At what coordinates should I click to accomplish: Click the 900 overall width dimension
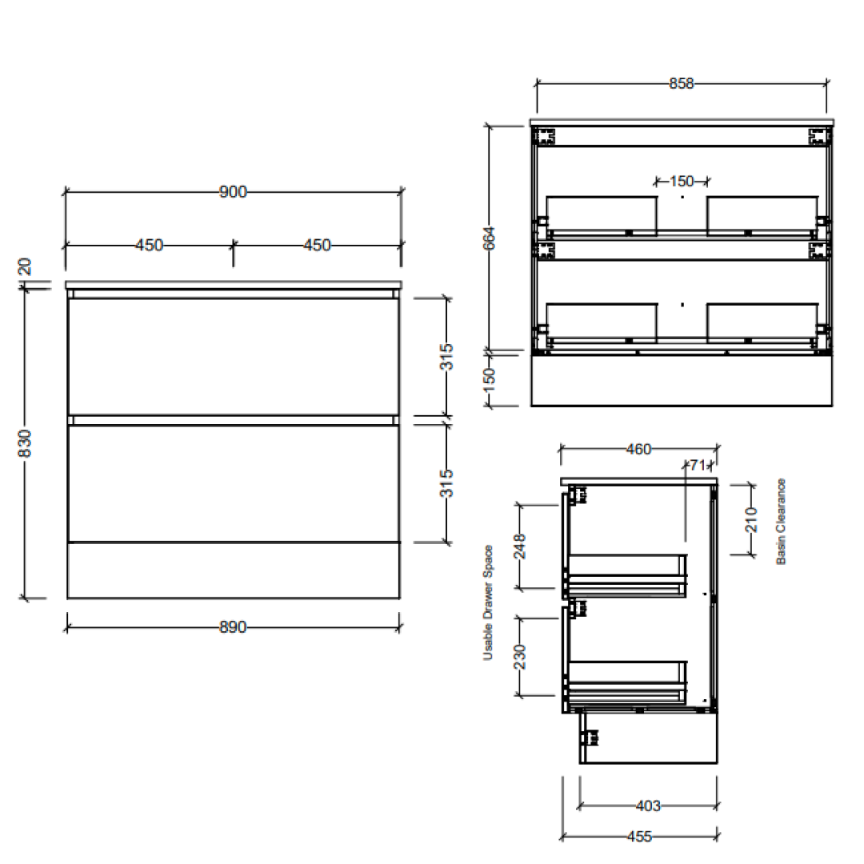233,192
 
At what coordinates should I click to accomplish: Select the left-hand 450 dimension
149,245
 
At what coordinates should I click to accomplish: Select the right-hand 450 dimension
317,245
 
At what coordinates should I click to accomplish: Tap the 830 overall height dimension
25,444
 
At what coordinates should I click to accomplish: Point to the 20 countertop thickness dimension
23,266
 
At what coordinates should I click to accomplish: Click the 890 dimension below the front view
232,627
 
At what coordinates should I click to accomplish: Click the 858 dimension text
681,83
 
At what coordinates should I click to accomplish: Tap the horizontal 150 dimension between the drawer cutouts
682,181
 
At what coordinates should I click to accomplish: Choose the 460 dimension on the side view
638,450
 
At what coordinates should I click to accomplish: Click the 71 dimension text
698,464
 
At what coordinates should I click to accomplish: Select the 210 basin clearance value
750,520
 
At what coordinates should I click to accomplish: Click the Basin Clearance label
781,522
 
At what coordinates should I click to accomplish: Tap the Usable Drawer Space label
487,602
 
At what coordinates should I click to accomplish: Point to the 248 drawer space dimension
520,548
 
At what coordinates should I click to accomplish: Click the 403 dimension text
646,806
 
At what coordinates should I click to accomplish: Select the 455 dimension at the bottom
638,837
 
